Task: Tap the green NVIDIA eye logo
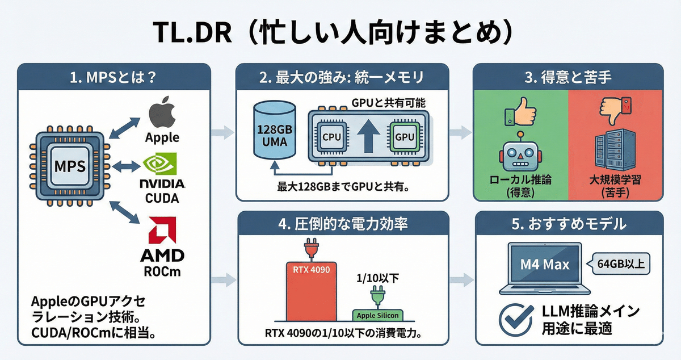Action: [x=162, y=165]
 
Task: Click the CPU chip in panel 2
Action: [x=331, y=136]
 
